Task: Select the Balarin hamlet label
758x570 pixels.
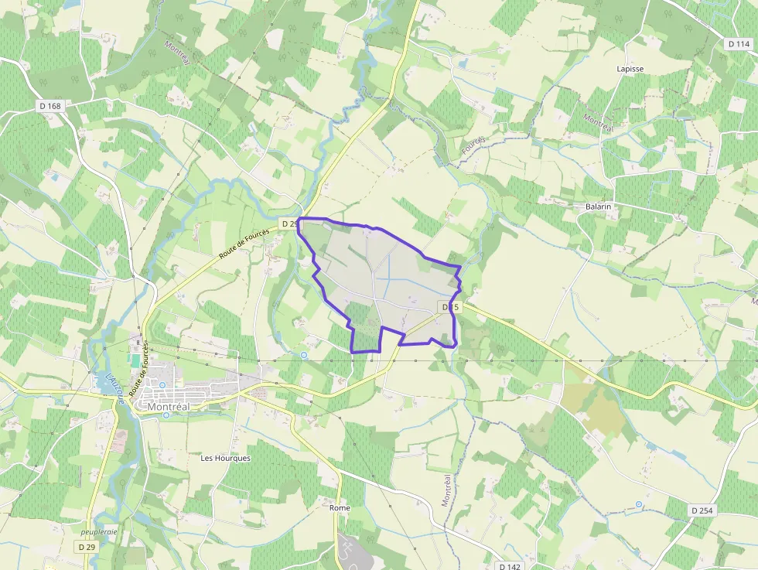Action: coord(598,206)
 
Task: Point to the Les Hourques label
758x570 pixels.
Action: coord(226,458)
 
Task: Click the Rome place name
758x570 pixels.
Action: coord(340,507)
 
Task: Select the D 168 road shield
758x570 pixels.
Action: coord(49,106)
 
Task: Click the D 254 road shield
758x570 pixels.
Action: coord(702,510)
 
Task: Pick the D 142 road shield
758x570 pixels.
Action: coord(511,566)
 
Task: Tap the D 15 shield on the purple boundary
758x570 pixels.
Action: coord(451,307)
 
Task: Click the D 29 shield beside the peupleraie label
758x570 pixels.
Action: coord(87,546)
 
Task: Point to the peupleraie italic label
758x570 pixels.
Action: coord(99,532)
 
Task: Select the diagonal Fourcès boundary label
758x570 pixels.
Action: coord(473,145)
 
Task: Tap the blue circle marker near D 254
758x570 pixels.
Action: coord(639,504)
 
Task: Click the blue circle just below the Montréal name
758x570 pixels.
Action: coord(166,415)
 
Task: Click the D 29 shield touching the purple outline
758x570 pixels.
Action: coord(289,224)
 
